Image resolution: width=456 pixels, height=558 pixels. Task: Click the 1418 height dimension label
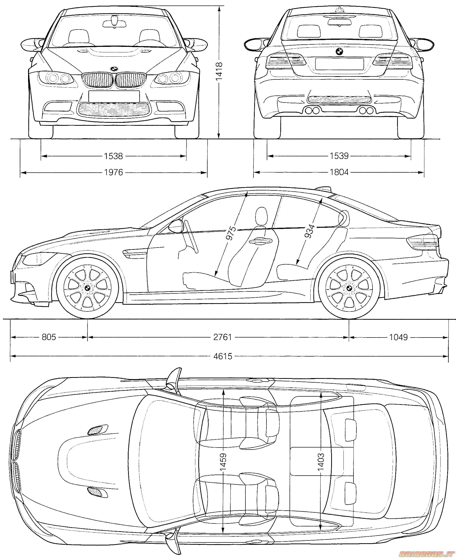(x=219, y=71)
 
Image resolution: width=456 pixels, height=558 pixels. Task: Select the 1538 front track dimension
(x=113, y=156)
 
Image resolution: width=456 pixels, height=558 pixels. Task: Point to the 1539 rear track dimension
(x=339, y=156)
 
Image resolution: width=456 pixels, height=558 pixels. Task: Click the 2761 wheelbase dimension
(x=222, y=337)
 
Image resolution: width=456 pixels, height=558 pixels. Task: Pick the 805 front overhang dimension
(x=49, y=337)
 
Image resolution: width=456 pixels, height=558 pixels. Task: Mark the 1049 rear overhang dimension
(x=398, y=337)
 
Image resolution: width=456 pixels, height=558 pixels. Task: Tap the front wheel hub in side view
(x=87, y=288)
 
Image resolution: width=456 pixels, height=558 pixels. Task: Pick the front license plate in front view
(x=114, y=96)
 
